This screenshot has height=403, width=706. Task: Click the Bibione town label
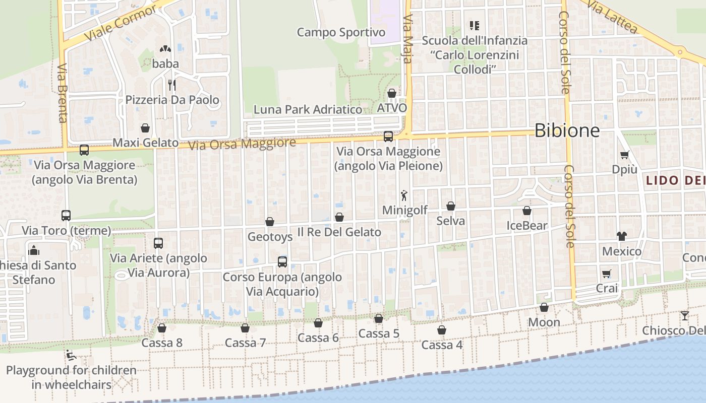(567, 130)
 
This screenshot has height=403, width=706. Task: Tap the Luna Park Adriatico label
(308, 109)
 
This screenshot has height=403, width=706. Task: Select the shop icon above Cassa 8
(162, 328)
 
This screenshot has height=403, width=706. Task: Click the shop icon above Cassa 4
(442, 330)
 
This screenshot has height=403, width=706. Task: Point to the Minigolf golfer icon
(404, 195)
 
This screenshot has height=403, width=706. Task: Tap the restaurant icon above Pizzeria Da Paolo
(172, 85)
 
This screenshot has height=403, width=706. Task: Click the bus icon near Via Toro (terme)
(66, 216)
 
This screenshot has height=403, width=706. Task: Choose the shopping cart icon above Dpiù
(625, 155)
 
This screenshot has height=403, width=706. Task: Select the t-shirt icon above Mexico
(621, 236)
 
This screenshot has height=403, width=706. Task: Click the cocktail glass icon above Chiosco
(684, 316)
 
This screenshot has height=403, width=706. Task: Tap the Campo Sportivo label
(341, 32)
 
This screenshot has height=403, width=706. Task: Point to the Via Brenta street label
(63, 93)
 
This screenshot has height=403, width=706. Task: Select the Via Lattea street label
(613, 16)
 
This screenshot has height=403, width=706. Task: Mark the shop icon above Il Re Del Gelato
(339, 217)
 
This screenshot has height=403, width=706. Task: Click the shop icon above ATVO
(392, 93)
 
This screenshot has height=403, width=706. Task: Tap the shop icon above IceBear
(527, 211)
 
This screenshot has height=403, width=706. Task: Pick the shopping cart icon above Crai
(607, 274)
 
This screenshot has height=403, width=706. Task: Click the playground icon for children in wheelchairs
(71, 355)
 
